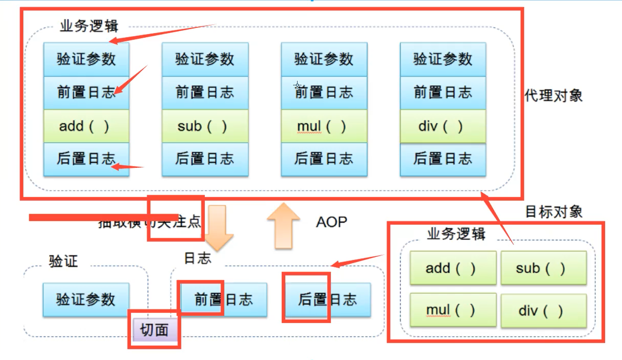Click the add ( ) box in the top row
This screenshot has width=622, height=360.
point(86,126)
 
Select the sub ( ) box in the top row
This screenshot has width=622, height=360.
point(205,126)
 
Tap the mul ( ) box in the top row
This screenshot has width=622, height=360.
point(324,126)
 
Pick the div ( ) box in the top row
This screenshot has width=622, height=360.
point(442,126)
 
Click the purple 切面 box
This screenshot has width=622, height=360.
point(155,330)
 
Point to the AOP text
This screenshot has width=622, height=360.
point(331,222)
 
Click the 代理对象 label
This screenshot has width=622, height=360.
point(554,96)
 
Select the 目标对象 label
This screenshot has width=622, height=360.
point(554,212)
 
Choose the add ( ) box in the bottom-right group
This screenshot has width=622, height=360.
point(452,268)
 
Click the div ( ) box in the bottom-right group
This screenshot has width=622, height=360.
point(543,310)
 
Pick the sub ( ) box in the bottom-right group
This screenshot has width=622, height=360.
point(543,268)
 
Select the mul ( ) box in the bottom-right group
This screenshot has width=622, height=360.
point(452,310)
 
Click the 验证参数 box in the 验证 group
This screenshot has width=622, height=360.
point(86,299)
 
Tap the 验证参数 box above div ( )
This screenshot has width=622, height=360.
point(442,59)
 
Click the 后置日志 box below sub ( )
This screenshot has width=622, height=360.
point(205,159)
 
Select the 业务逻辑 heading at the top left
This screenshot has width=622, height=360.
point(89,26)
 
